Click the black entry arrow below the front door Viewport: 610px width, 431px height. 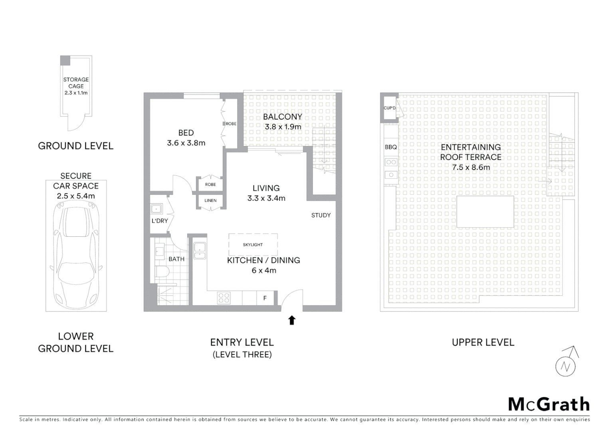(292, 320)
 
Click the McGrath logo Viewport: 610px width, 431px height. (549, 404)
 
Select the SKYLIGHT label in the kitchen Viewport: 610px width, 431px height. (253, 245)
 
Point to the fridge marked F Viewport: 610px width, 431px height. (265, 298)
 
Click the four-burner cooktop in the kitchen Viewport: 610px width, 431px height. (224, 298)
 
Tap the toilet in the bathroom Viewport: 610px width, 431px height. (162, 272)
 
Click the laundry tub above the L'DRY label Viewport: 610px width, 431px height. (156, 209)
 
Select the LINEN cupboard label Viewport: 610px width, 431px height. (210, 200)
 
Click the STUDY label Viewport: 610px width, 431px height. (321, 215)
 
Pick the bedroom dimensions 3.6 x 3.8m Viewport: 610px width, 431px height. (186, 143)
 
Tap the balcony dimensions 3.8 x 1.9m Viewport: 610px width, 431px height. (283, 127)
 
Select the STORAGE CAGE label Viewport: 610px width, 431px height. (76, 83)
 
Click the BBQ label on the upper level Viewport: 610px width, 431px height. (391, 147)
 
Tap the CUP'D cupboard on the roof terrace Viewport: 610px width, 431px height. (389, 108)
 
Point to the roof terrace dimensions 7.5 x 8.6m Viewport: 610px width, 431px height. (471, 167)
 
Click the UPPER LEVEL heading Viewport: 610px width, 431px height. (483, 342)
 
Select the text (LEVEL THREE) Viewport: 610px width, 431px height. (242, 354)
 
